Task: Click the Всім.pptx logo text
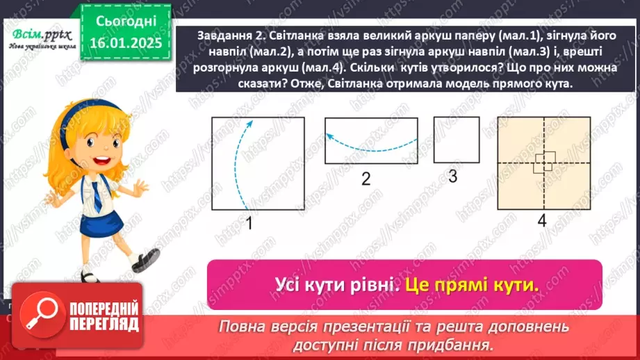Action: [x=38, y=33]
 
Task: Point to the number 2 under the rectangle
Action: [x=366, y=178]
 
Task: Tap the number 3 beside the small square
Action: [x=452, y=177]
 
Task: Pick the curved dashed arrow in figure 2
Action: [x=370, y=142]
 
